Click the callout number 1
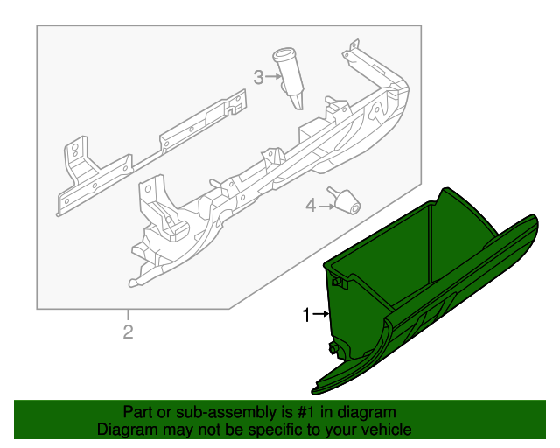click(x=306, y=315)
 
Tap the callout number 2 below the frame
click(x=128, y=332)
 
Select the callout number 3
click(x=258, y=78)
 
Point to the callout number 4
click(x=310, y=206)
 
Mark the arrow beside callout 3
click(x=272, y=78)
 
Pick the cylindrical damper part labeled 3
click(x=290, y=79)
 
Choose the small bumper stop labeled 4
click(x=345, y=200)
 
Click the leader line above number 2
click(x=128, y=316)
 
